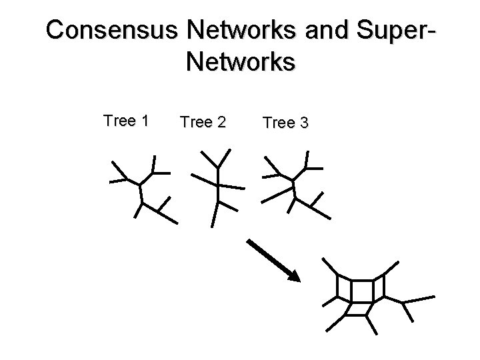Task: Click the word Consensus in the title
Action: coord(113,30)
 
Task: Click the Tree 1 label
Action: coord(126,121)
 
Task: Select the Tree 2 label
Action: coord(203,122)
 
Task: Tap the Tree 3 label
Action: coord(285,123)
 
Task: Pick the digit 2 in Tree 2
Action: coord(221,122)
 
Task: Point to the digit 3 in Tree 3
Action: coord(303,123)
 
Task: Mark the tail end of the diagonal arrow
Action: coord(249,241)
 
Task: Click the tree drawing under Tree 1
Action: coord(142,189)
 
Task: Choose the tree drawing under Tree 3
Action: coord(293,185)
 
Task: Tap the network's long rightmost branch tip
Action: coord(434,296)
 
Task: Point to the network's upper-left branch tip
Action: coord(323,258)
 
